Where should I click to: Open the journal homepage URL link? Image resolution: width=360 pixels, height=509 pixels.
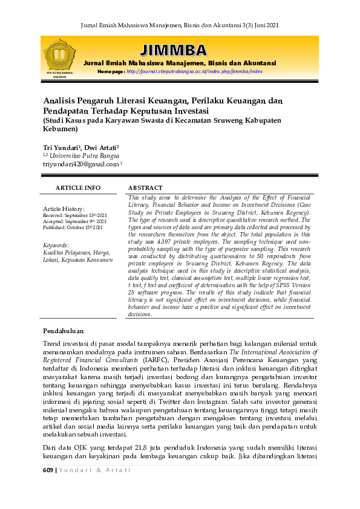pyautogui.click(x=194, y=71)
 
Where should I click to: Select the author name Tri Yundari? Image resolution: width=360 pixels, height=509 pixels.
pyautogui.click(x=62, y=147)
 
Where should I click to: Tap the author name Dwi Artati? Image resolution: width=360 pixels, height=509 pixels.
pyautogui.click(x=102, y=147)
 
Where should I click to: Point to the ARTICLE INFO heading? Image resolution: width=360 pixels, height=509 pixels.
pyautogui.click(x=78, y=188)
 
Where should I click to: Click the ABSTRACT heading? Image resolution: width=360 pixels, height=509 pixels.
pyautogui.click(x=145, y=188)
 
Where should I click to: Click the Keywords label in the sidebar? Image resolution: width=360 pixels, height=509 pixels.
pyautogui.click(x=56, y=245)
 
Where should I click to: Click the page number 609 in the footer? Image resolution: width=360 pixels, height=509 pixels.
pyautogui.click(x=48, y=470)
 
